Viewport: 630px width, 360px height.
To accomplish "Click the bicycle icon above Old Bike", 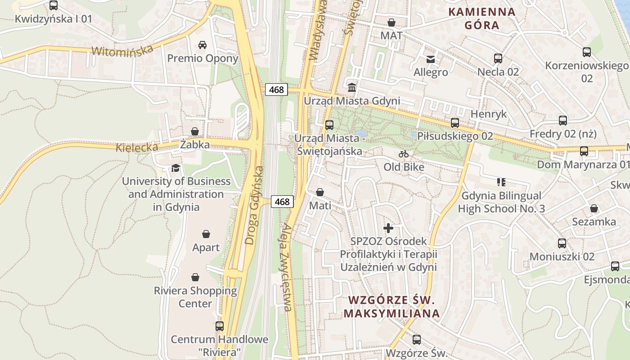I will coord(404,154).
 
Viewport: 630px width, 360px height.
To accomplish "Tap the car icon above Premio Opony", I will coord(202,45).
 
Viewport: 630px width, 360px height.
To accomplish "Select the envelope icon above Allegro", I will coord(431,59).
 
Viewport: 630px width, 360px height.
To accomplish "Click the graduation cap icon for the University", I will coord(175,168).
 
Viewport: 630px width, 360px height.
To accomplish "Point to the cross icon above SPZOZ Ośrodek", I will coord(388,228).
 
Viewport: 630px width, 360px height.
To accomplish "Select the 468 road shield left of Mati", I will coord(282,202).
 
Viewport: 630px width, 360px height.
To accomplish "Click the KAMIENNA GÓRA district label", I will coord(482,18).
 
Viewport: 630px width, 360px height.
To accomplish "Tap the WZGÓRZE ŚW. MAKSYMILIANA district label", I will coord(391,307).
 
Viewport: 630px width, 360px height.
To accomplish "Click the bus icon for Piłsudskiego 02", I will coord(455,122).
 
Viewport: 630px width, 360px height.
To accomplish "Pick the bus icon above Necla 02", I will coord(498,58).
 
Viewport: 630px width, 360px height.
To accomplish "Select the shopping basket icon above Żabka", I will coord(195,131).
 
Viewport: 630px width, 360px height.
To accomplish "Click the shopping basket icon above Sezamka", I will coord(594,208).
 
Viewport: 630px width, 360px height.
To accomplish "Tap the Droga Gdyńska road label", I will coord(255,205).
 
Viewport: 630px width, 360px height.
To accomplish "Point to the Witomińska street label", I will coord(122,50).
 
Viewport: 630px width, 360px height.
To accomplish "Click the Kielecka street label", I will coord(137,147).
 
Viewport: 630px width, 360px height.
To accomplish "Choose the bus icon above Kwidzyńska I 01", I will coord(54,5).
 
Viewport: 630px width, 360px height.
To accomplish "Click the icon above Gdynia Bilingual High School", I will coord(501,182).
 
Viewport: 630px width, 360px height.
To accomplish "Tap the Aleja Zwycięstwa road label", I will coord(287,267).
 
